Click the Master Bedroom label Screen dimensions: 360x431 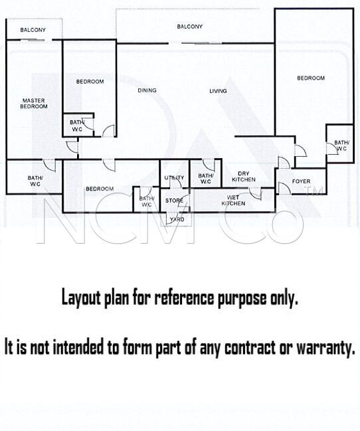click(34, 104)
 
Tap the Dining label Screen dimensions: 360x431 click(147, 90)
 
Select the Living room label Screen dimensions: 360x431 click(218, 91)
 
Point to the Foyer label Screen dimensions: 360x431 click(301, 181)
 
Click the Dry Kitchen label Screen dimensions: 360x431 click(244, 177)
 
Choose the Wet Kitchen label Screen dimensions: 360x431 click(233, 201)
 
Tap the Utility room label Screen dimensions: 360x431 click(174, 178)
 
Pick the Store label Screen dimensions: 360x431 click(174, 201)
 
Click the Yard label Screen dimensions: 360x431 click(177, 219)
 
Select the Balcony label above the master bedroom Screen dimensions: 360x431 click(33, 30)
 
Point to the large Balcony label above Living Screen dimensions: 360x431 click(189, 27)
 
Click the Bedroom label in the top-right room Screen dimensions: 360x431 click(311, 78)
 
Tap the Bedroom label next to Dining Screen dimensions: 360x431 click(90, 82)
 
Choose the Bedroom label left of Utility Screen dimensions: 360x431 click(100, 189)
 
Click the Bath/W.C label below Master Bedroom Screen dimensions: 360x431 click(35, 181)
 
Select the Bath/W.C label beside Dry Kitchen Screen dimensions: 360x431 click(205, 179)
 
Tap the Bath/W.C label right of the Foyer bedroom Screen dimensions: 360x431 click(342, 145)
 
